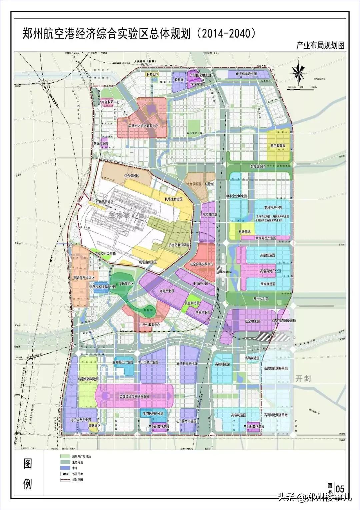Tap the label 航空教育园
pos(278,146)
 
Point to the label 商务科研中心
pos(110,102)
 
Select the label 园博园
pos(148,310)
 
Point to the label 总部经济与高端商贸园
pos(134,396)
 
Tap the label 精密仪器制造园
pos(88,379)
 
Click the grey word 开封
pos(303,378)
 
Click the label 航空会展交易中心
pos(201,264)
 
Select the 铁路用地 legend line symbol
pos(65,474)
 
